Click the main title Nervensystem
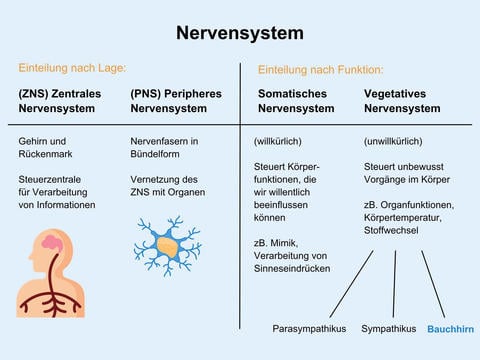pos(240,33)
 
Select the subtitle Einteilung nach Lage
pos(72,68)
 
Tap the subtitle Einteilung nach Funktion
pos(320,70)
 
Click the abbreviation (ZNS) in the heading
pos(35,93)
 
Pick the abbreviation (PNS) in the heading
pos(147,93)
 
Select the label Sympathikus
pos(388,329)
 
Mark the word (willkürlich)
pos(279,141)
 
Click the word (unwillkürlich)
pos(393,141)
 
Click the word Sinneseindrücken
pos(293,269)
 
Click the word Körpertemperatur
pos(403,218)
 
